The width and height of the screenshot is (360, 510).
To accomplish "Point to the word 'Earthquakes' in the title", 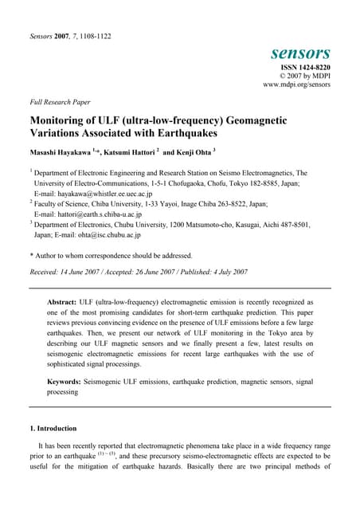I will click(194, 135).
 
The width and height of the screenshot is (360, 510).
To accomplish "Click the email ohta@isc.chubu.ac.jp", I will click(102, 235).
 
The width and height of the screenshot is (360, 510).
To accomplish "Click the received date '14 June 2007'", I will click(90, 273).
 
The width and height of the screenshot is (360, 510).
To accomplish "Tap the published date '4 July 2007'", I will click(225, 273).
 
